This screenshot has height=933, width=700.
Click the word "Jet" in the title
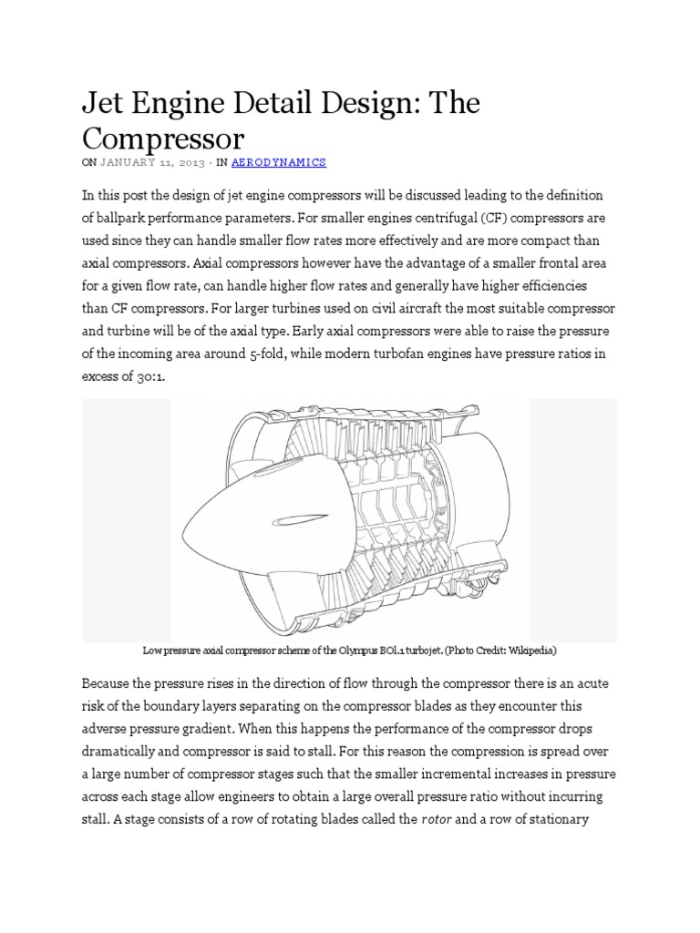pos(105,104)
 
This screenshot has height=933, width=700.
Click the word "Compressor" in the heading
pos(164,138)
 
